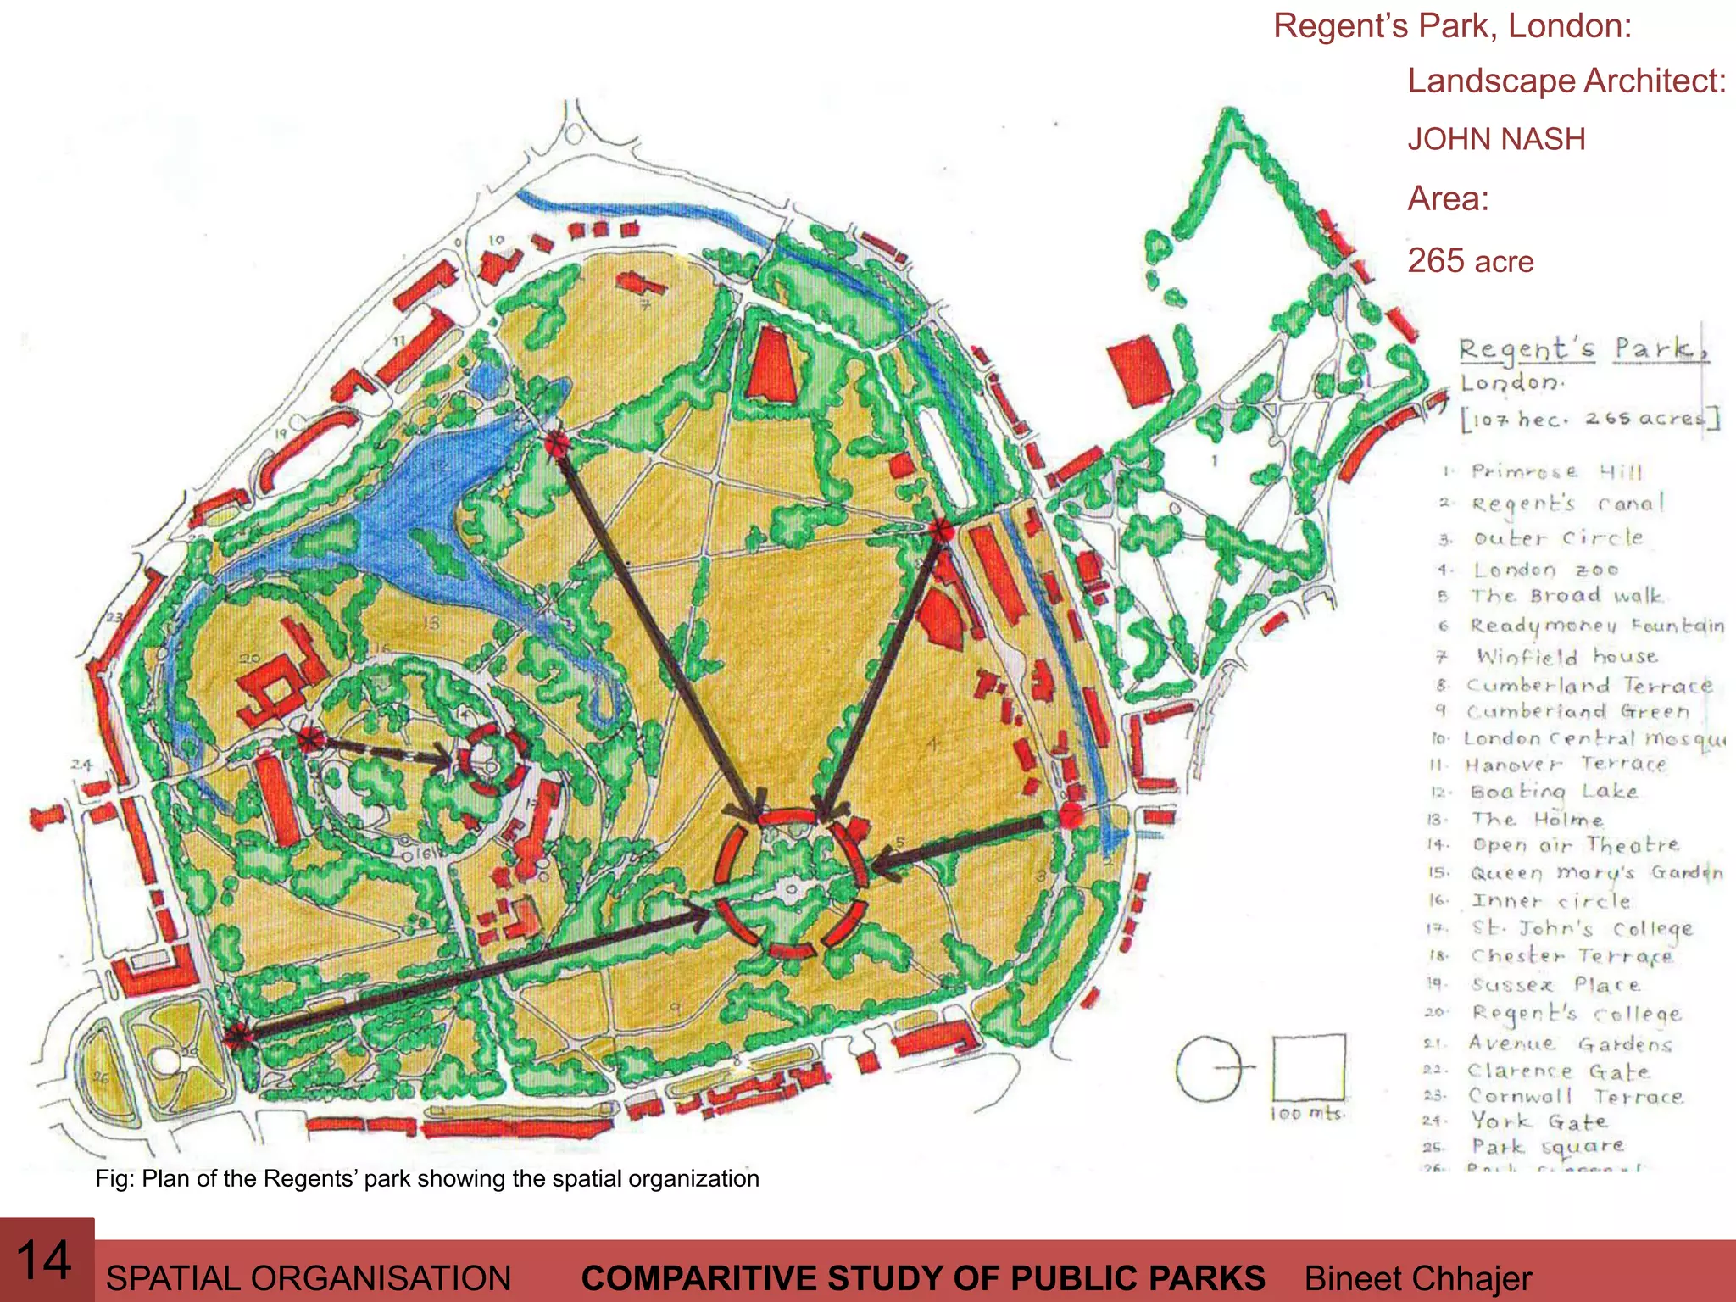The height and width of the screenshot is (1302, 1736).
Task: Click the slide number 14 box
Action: tap(47, 1260)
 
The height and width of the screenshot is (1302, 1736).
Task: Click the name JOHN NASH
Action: tap(1496, 140)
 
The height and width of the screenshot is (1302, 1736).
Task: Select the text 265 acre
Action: tap(1471, 261)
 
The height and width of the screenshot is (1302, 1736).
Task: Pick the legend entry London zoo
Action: tap(1544, 570)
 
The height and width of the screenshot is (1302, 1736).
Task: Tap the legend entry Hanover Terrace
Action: tap(1564, 765)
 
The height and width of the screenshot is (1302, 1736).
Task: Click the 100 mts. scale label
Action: tap(1307, 1113)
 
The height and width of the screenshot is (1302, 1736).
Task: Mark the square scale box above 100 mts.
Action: tap(1309, 1066)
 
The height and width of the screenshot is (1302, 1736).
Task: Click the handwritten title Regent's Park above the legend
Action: tap(1582, 349)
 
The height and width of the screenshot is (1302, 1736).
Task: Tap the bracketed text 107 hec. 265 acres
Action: tap(1589, 419)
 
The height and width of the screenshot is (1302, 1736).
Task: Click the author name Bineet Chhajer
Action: tap(1417, 1278)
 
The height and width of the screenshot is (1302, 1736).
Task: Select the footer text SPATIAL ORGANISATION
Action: tap(309, 1278)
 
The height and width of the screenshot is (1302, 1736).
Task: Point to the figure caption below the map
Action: tap(426, 1179)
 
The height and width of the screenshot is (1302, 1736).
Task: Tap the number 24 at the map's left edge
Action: tap(81, 765)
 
